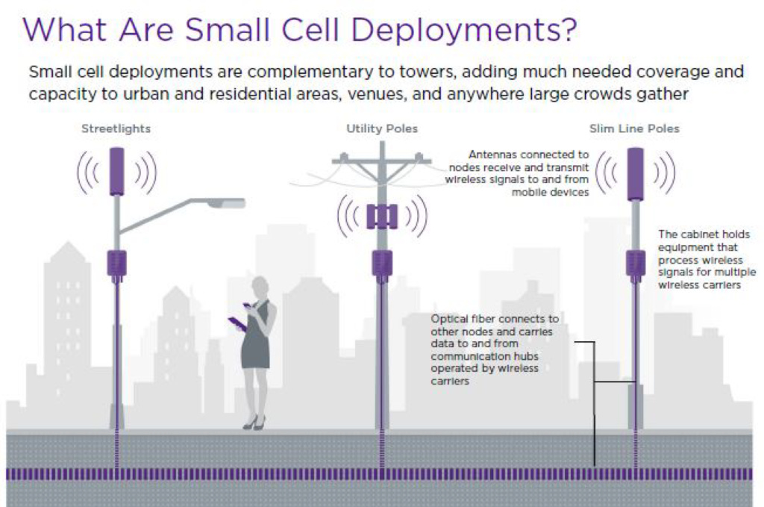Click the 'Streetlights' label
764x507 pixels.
point(116,128)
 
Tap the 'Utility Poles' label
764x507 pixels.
point(382,128)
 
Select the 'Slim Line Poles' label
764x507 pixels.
point(634,128)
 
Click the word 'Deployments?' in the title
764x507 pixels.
point(463,30)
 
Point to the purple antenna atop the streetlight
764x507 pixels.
point(116,172)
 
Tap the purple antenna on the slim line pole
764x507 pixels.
point(636,174)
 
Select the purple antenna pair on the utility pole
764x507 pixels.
point(382,217)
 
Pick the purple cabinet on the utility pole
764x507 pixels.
point(382,265)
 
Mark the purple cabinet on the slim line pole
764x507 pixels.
point(636,265)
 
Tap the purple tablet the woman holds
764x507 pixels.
point(237,324)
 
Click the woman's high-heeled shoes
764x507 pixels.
point(254,423)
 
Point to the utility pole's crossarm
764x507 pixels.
point(382,160)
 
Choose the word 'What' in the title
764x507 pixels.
point(64,30)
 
